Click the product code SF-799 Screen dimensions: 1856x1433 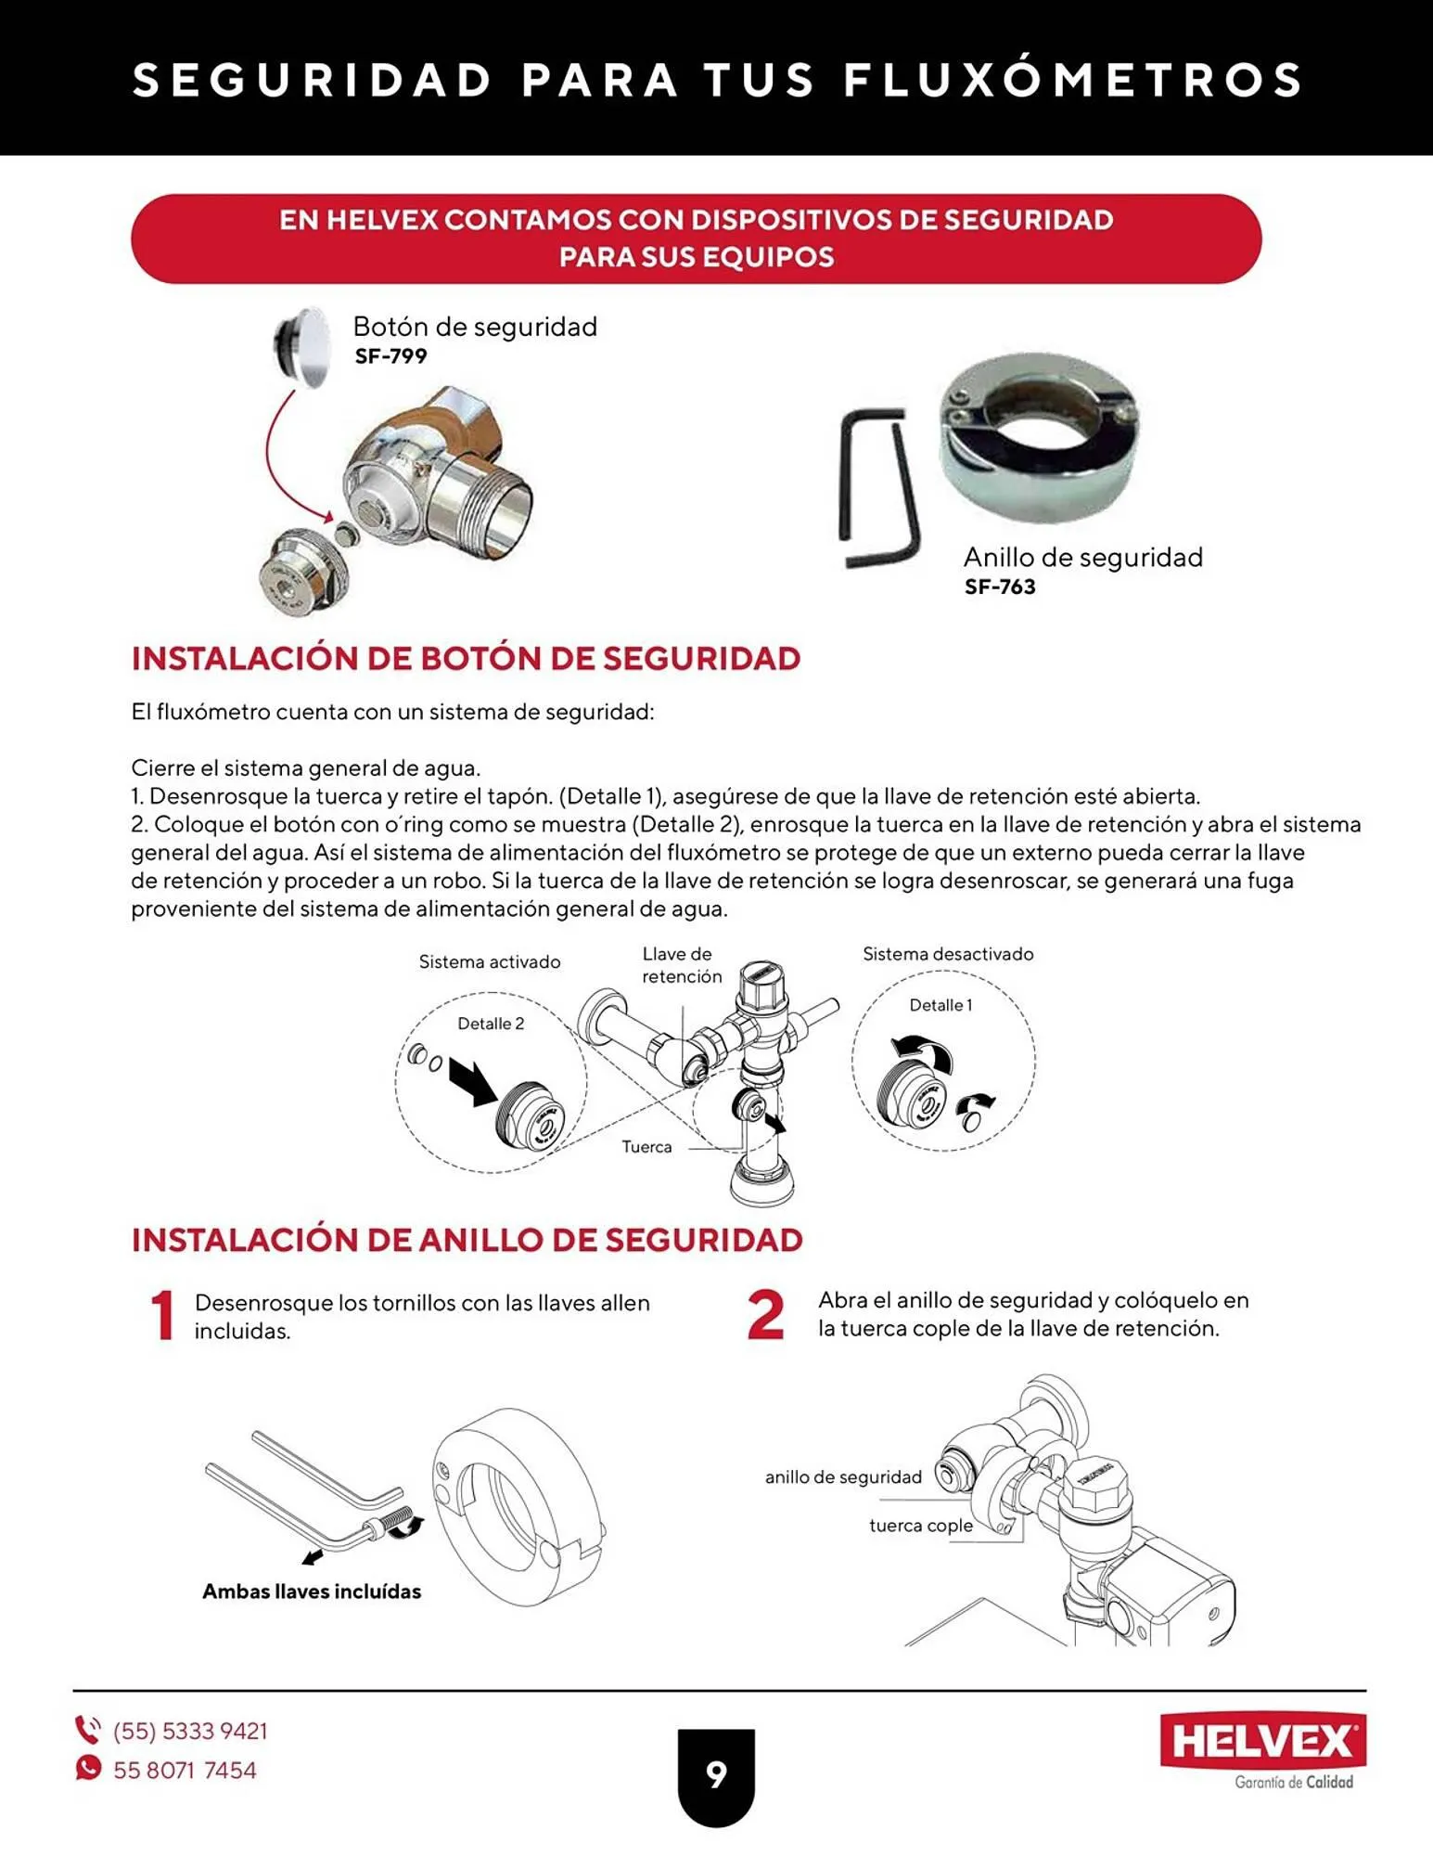(x=390, y=356)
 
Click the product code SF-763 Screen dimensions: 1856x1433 (x=999, y=586)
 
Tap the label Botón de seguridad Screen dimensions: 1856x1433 (x=475, y=327)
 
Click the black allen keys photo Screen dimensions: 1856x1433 (x=876, y=487)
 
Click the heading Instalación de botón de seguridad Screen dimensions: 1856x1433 (x=466, y=658)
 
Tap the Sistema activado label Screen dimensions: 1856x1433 (x=489, y=962)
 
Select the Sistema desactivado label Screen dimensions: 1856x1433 (x=947, y=954)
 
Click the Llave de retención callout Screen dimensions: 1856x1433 (x=681, y=965)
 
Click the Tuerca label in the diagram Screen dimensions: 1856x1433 (x=646, y=1147)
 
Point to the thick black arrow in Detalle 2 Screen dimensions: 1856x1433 (x=473, y=1082)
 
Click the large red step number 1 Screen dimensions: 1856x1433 (x=163, y=1315)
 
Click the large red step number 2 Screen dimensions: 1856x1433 (x=765, y=1315)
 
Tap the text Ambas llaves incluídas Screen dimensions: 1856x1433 (x=312, y=1592)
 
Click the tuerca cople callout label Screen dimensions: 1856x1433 (x=920, y=1526)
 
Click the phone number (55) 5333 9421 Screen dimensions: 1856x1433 (x=190, y=1732)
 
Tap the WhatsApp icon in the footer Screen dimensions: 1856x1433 (x=88, y=1769)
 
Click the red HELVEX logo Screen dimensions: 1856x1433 (x=1262, y=1742)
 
